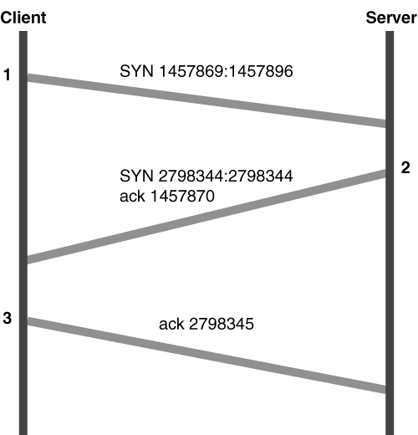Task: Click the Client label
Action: [x=23, y=18]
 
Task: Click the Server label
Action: [x=391, y=18]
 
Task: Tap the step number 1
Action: [x=7, y=74]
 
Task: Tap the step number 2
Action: [x=405, y=168]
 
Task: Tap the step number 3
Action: [x=8, y=318]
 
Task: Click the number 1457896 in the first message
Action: [x=261, y=71]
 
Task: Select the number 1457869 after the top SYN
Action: [x=191, y=71]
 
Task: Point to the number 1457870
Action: [x=182, y=196]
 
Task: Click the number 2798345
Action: [x=222, y=324]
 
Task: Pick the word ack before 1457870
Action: [x=132, y=196]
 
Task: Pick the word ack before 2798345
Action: [x=171, y=324]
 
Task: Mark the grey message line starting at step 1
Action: [x=206, y=100]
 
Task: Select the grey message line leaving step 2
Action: [x=206, y=217]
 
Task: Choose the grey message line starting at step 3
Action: [x=206, y=356]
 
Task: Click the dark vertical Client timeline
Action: [x=23, y=233]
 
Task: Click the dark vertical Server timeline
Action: [x=390, y=233]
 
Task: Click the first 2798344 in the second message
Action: [x=191, y=176]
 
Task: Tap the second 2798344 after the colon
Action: [x=261, y=176]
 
